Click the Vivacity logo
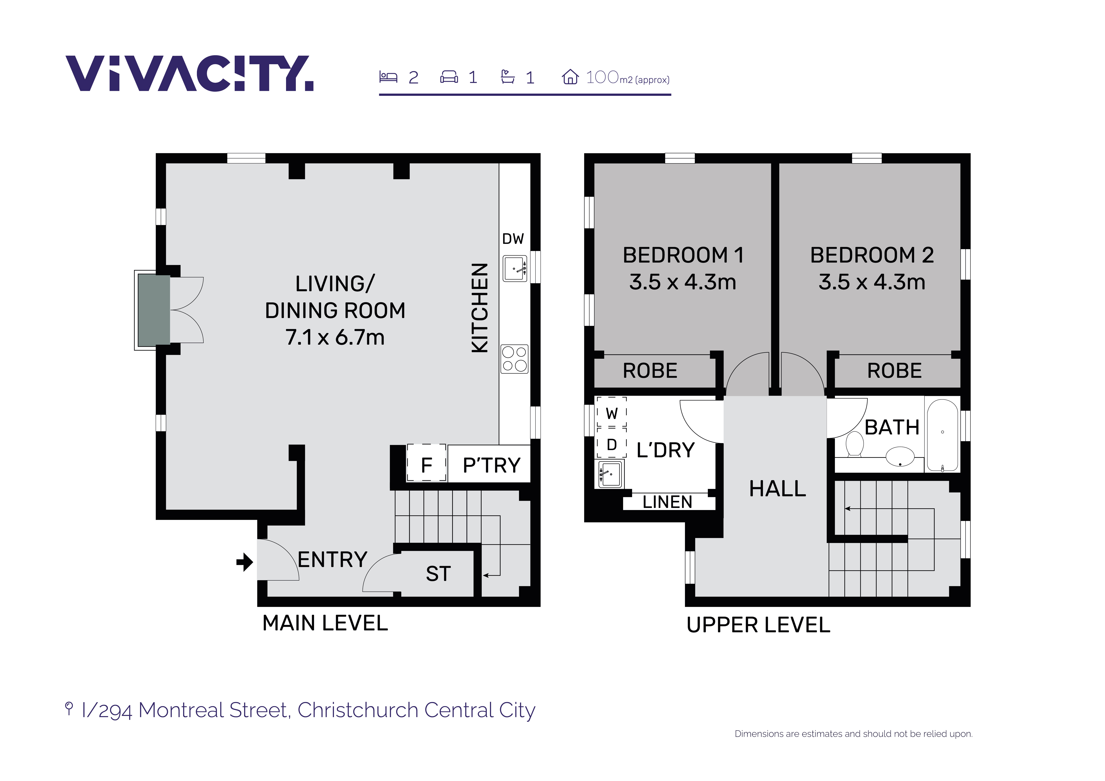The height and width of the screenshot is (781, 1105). coord(190,74)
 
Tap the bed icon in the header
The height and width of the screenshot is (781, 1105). coord(388,77)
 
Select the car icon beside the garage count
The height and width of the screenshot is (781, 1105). coord(449,77)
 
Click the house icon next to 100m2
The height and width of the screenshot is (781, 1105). coord(570,77)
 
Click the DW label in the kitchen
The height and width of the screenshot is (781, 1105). coord(513,239)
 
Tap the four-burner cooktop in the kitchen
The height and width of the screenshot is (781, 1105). coord(515,359)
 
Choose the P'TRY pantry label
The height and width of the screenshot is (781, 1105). coord(491,465)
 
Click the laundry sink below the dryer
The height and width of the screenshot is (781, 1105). coord(610,473)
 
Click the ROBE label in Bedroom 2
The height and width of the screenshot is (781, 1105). coord(894,371)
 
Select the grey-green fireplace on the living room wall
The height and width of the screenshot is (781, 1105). coord(154,310)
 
